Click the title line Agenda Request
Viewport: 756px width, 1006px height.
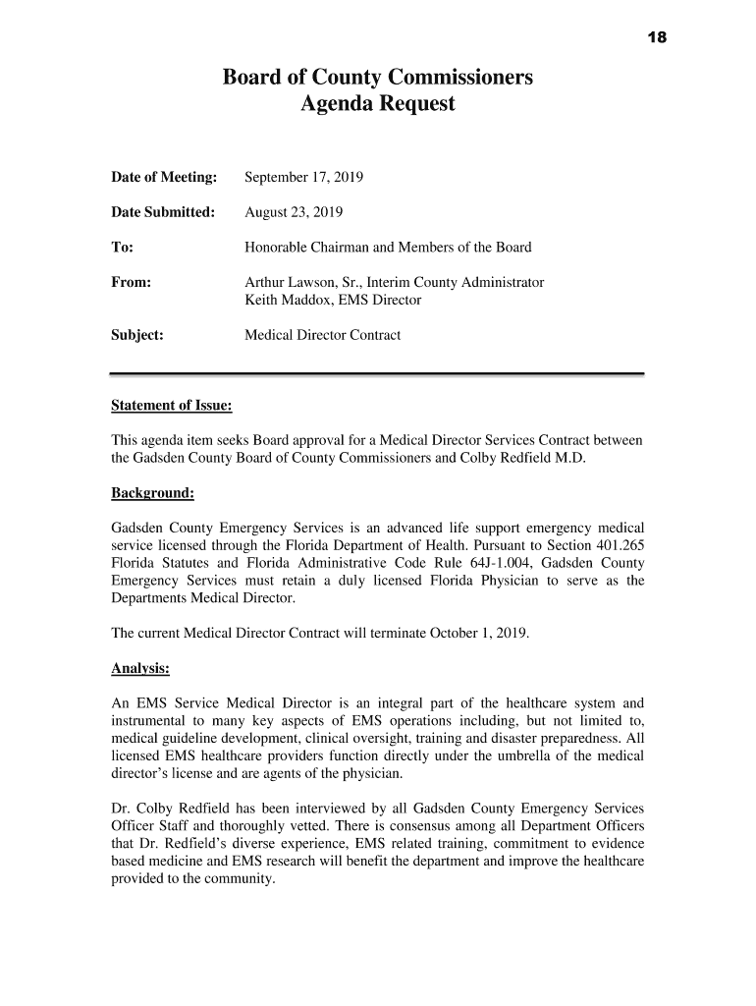[x=377, y=103]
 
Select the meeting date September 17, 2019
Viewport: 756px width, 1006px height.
[x=303, y=178]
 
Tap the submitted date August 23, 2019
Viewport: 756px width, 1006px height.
[x=294, y=212]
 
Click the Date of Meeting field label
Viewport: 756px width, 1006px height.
[x=163, y=178]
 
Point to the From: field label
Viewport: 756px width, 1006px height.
[x=131, y=283]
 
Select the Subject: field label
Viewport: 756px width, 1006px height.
[x=136, y=335]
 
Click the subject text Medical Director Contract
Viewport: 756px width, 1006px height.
[x=322, y=335]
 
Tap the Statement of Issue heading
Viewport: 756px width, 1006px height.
[x=170, y=406]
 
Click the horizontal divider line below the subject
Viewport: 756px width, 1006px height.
[x=377, y=374]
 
